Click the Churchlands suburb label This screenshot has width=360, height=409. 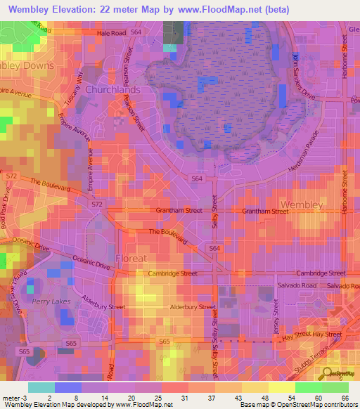113,90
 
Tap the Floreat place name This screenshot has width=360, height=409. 131,257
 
